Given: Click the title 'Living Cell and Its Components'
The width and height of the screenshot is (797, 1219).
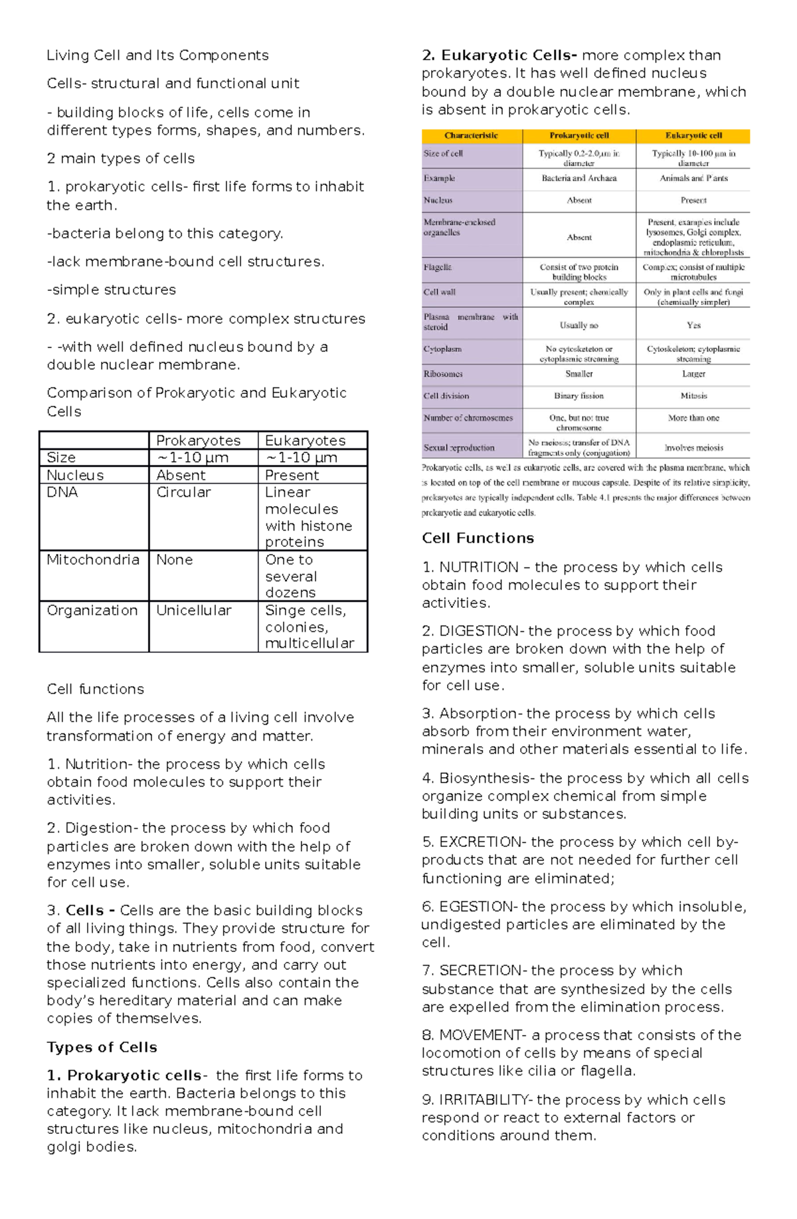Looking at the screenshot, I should (157, 55).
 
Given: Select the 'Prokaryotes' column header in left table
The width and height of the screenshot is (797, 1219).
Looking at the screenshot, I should (198, 440).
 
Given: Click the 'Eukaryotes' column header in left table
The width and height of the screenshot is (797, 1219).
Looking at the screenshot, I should (305, 440).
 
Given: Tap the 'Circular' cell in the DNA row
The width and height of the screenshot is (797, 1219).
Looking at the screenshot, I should (183, 492).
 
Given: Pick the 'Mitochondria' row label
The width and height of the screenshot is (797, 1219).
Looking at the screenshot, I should (93, 560).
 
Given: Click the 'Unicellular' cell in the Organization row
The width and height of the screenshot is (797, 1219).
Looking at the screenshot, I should (193, 610).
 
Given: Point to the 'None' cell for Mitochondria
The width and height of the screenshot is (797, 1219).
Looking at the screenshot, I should (174, 560).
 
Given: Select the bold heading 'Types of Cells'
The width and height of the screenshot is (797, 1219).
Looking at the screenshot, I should (102, 1048).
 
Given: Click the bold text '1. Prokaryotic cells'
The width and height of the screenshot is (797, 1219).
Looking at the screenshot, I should (124, 1076).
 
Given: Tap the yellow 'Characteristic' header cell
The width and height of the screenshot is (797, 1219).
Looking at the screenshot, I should (471, 136).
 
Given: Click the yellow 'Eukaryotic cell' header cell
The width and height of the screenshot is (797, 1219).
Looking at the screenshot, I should (693, 136).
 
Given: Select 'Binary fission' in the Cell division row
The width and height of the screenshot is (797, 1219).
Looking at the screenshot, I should (578, 396).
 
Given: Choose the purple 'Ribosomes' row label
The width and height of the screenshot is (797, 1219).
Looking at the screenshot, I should (443, 374).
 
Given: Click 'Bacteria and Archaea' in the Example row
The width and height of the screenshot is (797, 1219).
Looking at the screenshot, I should (578, 178).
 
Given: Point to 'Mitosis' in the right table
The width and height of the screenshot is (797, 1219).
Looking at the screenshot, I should (693, 396).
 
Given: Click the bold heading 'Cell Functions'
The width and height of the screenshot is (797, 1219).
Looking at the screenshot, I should (478, 538).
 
